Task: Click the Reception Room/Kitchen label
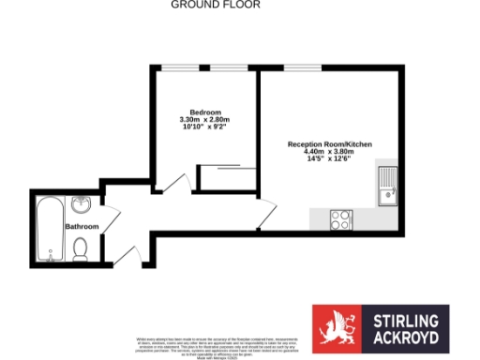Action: click(330, 145)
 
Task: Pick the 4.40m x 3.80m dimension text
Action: click(330, 153)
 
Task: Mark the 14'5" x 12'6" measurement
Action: click(330, 160)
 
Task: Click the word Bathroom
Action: click(82, 227)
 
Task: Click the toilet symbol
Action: click(81, 248)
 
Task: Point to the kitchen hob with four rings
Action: click(341, 219)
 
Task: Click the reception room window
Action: click(300, 67)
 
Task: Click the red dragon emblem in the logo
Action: click(335, 329)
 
